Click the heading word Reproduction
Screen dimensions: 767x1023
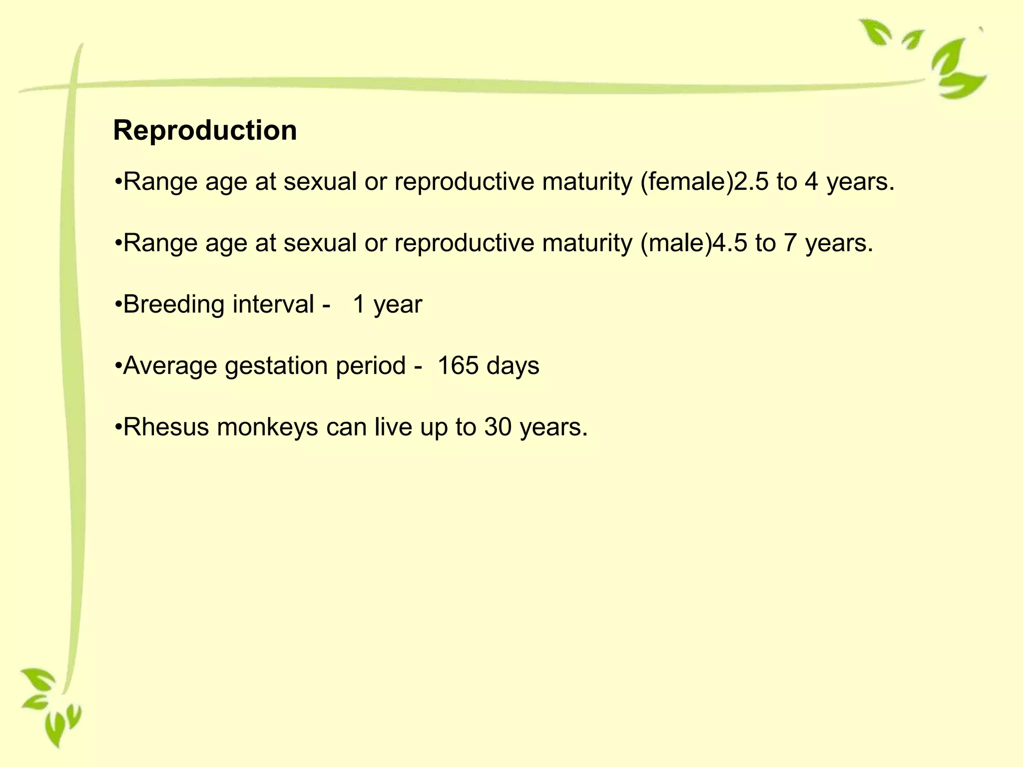(x=205, y=131)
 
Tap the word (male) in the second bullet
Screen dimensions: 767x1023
(x=676, y=243)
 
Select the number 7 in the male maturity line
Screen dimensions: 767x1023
(x=790, y=243)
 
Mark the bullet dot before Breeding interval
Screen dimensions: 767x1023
(x=118, y=304)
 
